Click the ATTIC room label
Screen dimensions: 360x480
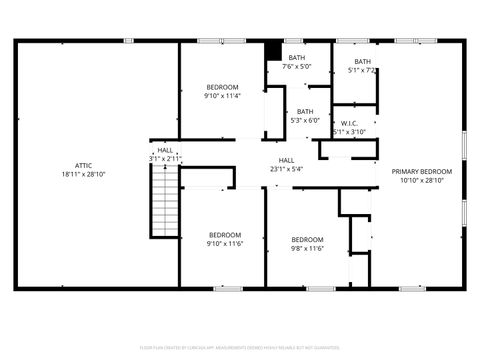(x=84, y=165)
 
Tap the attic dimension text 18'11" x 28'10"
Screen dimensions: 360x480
(x=84, y=174)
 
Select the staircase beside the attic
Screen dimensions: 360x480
(x=163, y=198)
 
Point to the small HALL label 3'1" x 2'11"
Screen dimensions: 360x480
(x=166, y=154)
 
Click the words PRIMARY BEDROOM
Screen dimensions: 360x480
(x=421, y=171)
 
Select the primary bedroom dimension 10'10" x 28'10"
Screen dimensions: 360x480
(x=421, y=180)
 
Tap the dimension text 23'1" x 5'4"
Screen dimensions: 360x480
(x=286, y=170)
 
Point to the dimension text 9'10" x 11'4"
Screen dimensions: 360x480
(x=222, y=96)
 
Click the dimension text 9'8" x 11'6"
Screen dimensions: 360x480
(x=307, y=248)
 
